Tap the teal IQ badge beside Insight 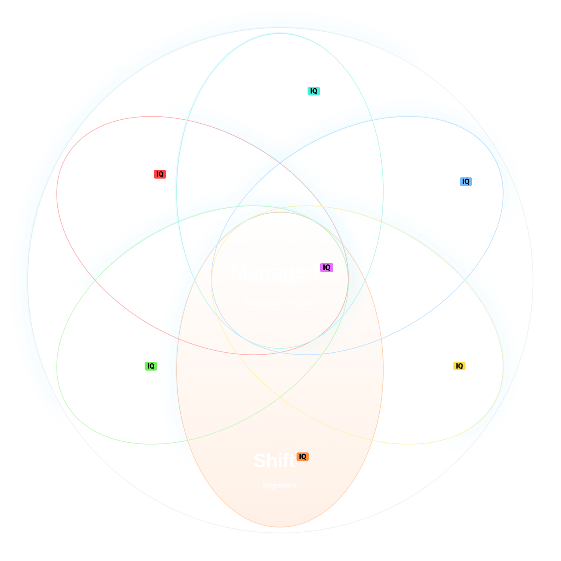(314, 91)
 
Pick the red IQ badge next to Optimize (160, 174)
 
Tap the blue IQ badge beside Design (466, 181)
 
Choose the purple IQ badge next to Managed (326, 267)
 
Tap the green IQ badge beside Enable (151, 366)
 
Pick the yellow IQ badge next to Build (459, 366)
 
